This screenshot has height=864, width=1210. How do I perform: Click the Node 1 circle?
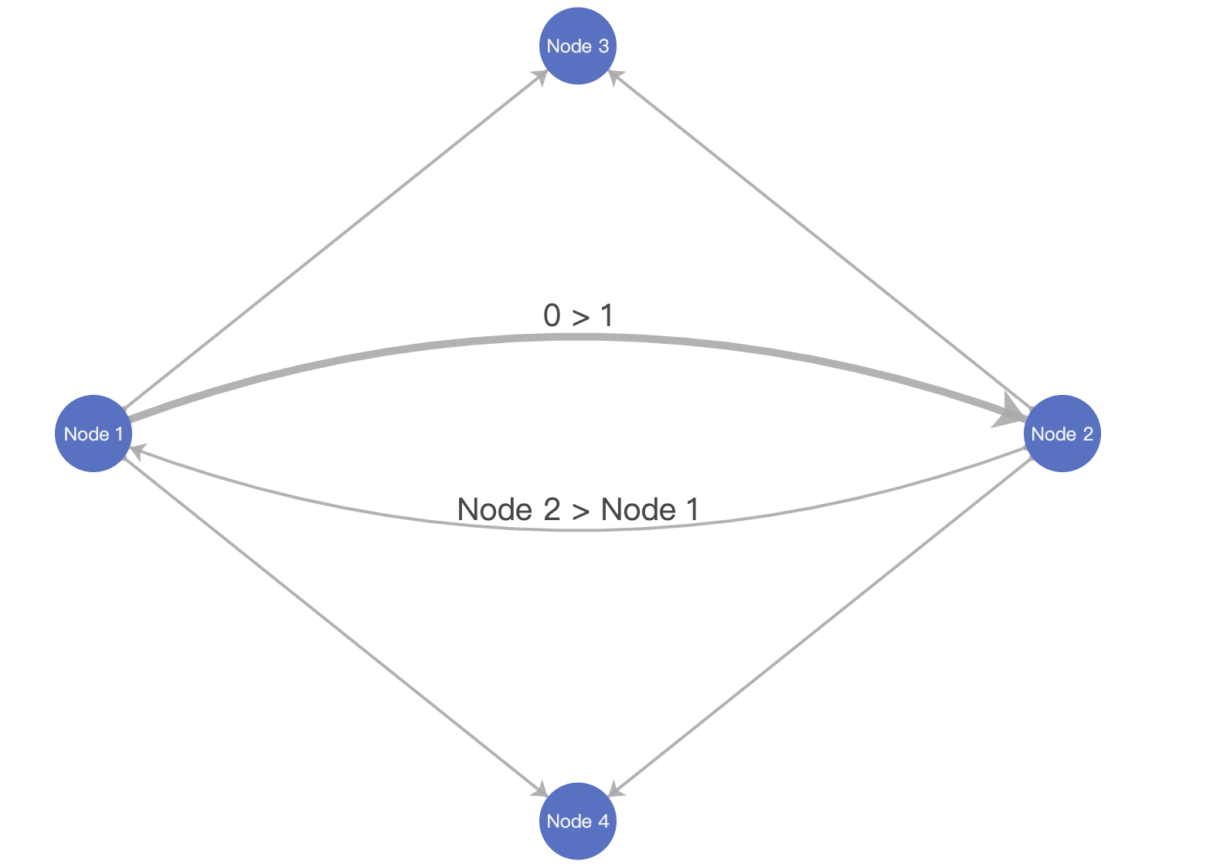pos(93,434)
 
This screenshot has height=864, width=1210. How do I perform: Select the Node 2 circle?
pos(1062,434)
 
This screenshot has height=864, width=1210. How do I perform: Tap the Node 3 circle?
pos(578,46)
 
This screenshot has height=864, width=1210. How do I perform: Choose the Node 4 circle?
pos(578,821)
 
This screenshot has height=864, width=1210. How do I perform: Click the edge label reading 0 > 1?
pos(578,315)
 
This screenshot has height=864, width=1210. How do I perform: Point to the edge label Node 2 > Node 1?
pos(578,509)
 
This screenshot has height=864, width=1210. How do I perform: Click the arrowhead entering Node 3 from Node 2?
pos(615,76)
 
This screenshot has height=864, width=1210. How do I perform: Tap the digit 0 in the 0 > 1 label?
pos(552,315)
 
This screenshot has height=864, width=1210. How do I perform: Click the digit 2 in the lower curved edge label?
pos(551,509)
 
